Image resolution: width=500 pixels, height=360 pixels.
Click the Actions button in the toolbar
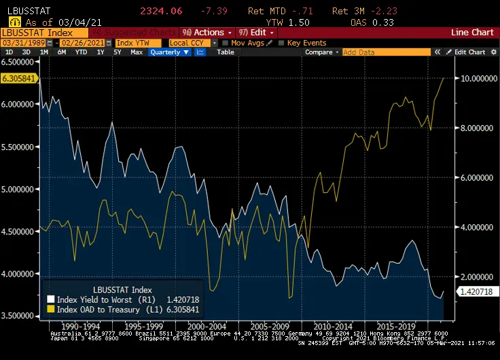pyautogui.click(x=207, y=33)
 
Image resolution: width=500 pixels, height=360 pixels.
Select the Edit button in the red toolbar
pyautogui.click(x=257, y=33)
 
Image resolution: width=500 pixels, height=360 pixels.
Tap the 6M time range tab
pyautogui.click(x=62, y=52)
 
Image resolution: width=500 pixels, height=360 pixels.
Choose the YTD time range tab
pyautogui.click(x=81, y=52)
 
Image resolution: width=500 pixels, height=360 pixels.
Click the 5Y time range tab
pyautogui.click(x=118, y=52)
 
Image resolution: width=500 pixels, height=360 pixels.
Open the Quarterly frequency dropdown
pyautogui.click(x=170, y=52)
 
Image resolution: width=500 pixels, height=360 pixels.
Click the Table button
pyautogui.click(x=226, y=52)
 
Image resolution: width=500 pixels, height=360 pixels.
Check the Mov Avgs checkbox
pyautogui.click(x=226, y=43)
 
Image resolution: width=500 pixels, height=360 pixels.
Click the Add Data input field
pyautogui.click(x=386, y=52)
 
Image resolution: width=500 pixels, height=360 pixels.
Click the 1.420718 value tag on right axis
pyautogui.click(x=476, y=291)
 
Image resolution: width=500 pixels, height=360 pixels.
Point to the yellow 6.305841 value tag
pyautogui.click(x=18, y=78)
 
